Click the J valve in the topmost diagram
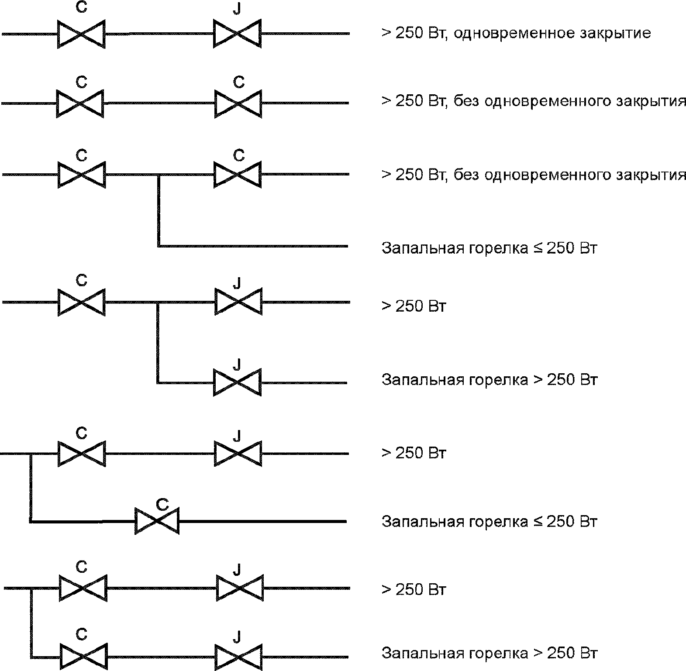[x=237, y=33]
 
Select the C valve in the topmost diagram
[x=82, y=33]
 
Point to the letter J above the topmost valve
[x=237, y=9]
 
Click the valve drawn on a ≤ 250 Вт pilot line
[x=157, y=521]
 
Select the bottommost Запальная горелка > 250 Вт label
[x=489, y=654]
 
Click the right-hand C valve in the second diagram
[x=238, y=103]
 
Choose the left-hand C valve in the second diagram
[x=80, y=103]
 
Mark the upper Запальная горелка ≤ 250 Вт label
[x=489, y=248]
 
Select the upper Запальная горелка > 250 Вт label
[x=489, y=379]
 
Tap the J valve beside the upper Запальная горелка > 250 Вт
[x=237, y=382]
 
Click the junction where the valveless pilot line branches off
[x=159, y=175]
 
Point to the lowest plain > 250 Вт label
[x=414, y=590]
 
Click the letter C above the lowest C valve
[x=82, y=634]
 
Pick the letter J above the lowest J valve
[x=237, y=637]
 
